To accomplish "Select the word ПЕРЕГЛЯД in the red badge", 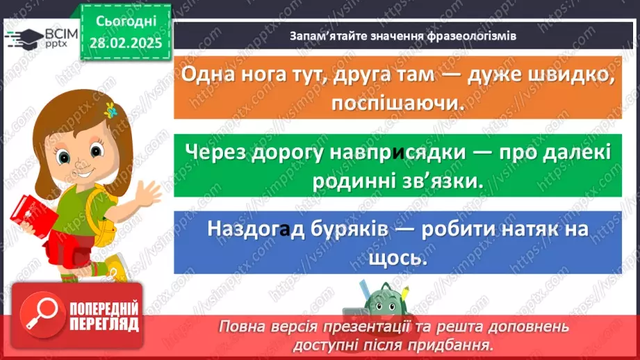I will pyautogui.click(x=105, y=324).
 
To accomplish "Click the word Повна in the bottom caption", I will pyautogui.click(x=242, y=327).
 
